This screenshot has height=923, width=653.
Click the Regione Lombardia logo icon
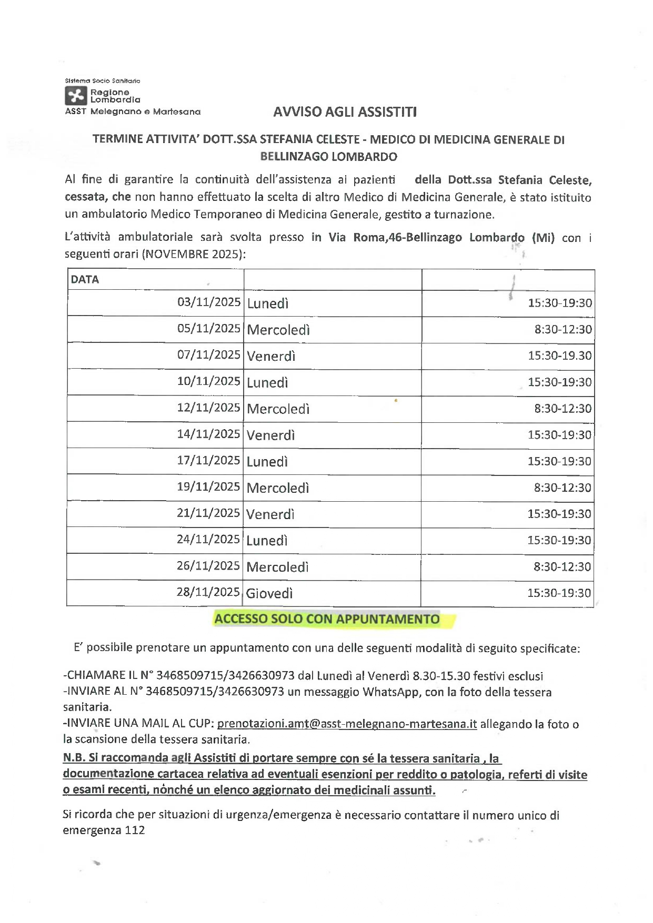(x=75, y=96)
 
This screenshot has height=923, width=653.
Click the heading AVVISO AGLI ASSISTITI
(x=345, y=112)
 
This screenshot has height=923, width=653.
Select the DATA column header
(x=85, y=280)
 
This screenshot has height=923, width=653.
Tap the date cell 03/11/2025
(x=209, y=302)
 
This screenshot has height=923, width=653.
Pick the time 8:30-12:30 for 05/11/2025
(x=563, y=330)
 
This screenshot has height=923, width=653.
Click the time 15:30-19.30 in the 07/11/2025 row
(x=560, y=356)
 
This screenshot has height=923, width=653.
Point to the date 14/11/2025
(x=209, y=434)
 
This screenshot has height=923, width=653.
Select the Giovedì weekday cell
(x=269, y=594)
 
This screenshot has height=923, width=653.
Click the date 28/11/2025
(x=208, y=592)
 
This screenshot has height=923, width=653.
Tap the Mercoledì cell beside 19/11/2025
(x=278, y=488)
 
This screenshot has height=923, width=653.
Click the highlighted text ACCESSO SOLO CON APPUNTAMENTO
(x=327, y=619)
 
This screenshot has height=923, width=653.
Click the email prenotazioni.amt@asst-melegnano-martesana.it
(x=347, y=724)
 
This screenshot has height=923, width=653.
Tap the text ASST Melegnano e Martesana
(x=133, y=111)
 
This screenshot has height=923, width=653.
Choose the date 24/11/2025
(x=208, y=540)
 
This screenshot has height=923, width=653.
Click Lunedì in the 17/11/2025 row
(x=267, y=462)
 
